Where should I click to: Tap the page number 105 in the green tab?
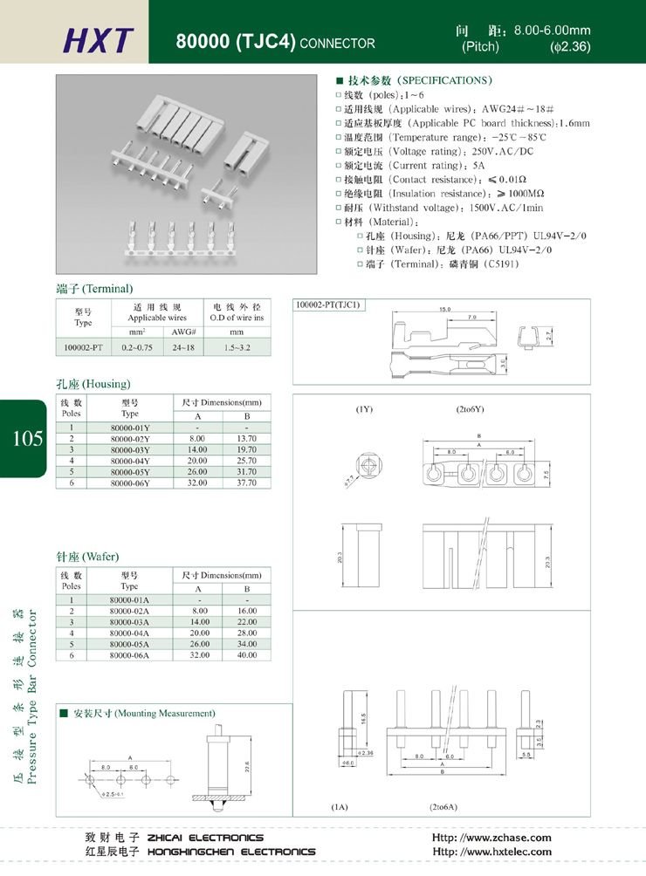point(26,438)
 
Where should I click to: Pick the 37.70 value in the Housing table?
point(247,482)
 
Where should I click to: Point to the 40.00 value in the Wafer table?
point(247,654)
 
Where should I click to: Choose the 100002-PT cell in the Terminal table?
point(83,347)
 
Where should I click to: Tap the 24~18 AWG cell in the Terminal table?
point(183,347)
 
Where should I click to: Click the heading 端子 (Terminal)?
point(94,289)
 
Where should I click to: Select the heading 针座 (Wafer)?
point(87,557)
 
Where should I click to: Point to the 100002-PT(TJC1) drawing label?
point(328,305)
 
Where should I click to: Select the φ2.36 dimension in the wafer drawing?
point(362,753)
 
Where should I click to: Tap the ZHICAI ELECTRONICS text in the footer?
point(205,838)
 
